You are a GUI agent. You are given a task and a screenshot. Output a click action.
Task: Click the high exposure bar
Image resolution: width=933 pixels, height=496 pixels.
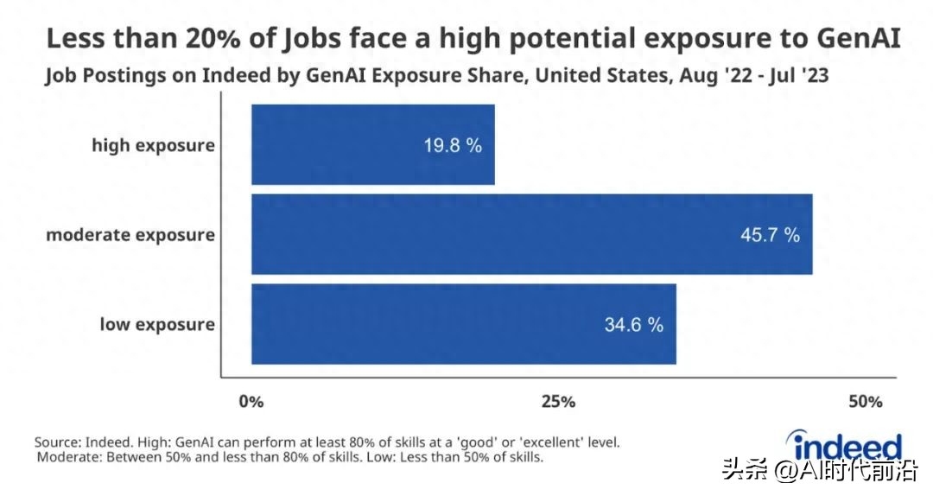(x=372, y=144)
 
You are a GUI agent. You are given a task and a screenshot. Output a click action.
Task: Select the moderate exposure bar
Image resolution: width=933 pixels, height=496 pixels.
(x=531, y=234)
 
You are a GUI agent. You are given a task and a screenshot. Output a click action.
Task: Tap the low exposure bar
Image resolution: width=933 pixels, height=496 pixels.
(x=463, y=324)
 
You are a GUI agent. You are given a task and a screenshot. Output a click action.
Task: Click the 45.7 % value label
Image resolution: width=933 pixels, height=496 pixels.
(x=770, y=235)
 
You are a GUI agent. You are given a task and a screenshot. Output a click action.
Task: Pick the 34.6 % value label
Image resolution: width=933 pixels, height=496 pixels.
(x=633, y=325)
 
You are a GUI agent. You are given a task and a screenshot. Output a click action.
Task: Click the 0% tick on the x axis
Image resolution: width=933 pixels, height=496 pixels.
(x=251, y=402)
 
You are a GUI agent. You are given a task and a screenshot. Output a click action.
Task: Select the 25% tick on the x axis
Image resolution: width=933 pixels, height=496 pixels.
(x=558, y=402)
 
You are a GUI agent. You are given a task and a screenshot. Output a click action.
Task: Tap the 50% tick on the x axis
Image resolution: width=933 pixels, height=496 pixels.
(x=865, y=402)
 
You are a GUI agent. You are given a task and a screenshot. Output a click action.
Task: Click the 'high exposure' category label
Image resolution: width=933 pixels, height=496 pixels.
(x=153, y=145)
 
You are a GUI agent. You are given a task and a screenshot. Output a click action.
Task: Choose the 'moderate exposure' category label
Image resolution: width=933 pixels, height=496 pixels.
(x=130, y=235)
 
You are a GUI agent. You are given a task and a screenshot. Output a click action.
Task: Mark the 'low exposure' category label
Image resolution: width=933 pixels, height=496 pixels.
(x=156, y=325)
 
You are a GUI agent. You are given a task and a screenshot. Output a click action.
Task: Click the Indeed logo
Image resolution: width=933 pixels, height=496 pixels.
(x=847, y=447)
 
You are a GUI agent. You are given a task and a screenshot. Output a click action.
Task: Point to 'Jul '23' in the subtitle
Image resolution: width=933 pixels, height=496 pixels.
(x=796, y=76)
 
